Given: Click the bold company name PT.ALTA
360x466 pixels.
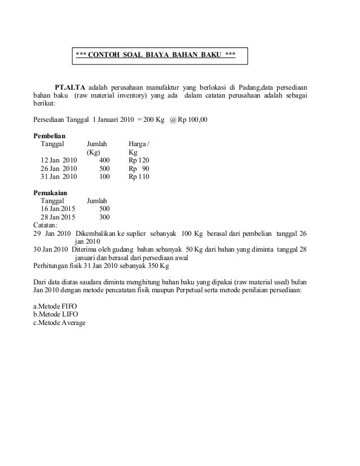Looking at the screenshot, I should click(x=71, y=87).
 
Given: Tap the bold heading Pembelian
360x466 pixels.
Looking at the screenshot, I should click(x=50, y=136).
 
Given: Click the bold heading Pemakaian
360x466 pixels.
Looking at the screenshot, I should click(x=51, y=193).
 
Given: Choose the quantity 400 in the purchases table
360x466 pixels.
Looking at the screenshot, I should click(x=104, y=160).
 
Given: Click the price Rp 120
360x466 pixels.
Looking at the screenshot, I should click(x=139, y=160).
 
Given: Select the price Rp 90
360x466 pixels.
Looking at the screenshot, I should click(x=139, y=168).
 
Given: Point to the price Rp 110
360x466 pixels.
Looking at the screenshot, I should click(x=139, y=177).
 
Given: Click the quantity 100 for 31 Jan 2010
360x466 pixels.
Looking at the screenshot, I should click(x=104, y=177).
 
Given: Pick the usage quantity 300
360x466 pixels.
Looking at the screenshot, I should click(x=104, y=217).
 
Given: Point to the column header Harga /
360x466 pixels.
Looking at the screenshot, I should click(x=139, y=144).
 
